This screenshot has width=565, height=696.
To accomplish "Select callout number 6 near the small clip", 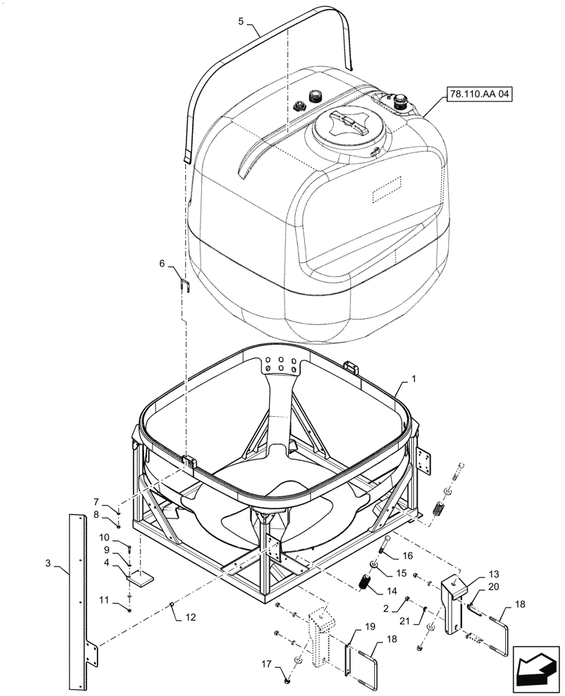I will [x=162, y=264].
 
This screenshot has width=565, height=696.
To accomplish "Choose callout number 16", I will [x=408, y=557].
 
